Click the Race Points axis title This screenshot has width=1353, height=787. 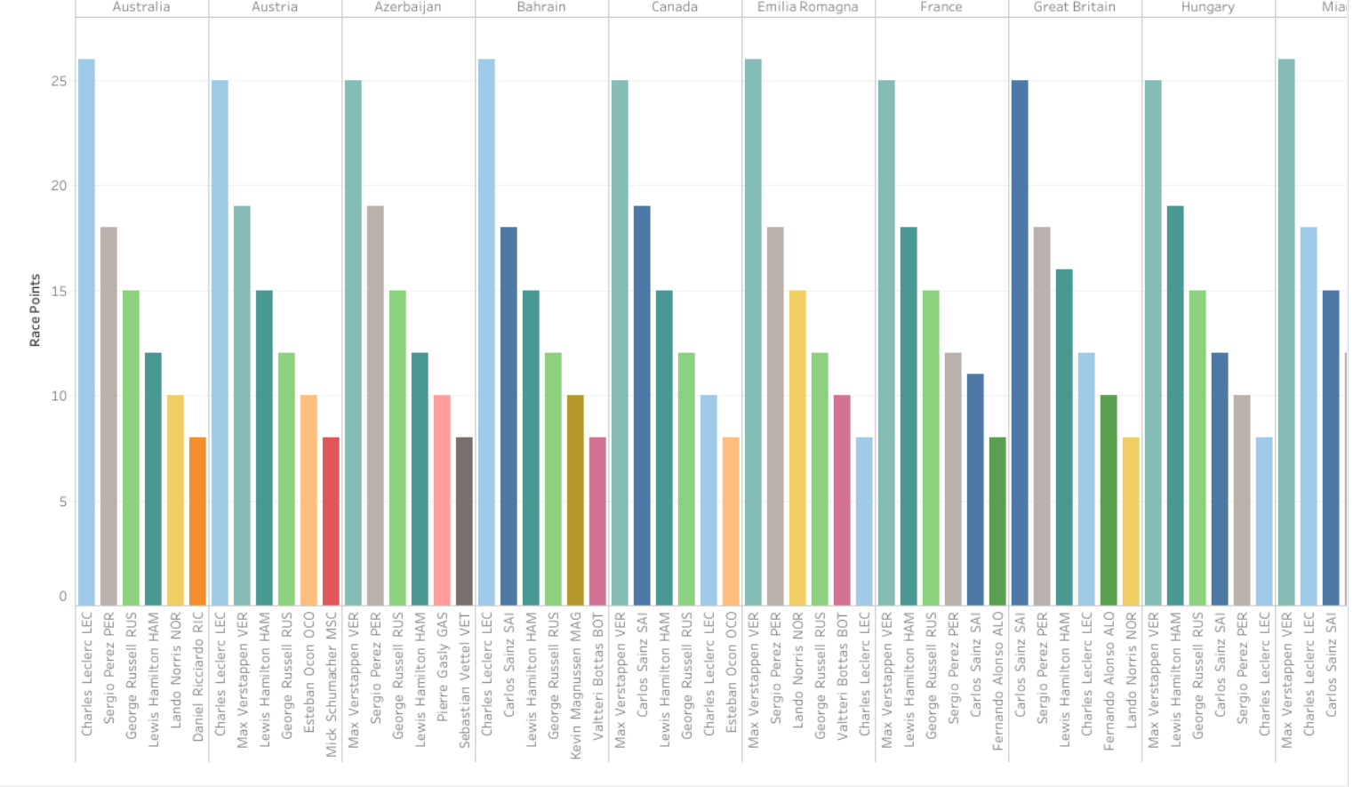pyautogui.click(x=35, y=310)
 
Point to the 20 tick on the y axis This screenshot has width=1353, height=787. pyautogui.click(x=59, y=186)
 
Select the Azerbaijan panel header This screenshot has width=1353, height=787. pyautogui.click(x=407, y=7)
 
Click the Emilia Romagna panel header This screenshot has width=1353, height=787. pyautogui.click(x=807, y=7)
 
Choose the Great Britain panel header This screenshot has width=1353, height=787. pyautogui.click(x=1074, y=7)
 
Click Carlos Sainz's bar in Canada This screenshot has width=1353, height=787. pyautogui.click(x=642, y=406)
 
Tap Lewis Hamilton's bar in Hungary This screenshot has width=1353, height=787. pyautogui.click(x=1175, y=406)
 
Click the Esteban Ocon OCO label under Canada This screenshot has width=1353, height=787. pyautogui.click(x=731, y=672)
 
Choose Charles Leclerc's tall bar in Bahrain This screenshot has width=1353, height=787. pyautogui.click(x=486, y=333)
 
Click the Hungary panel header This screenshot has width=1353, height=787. pyautogui.click(x=1207, y=7)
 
